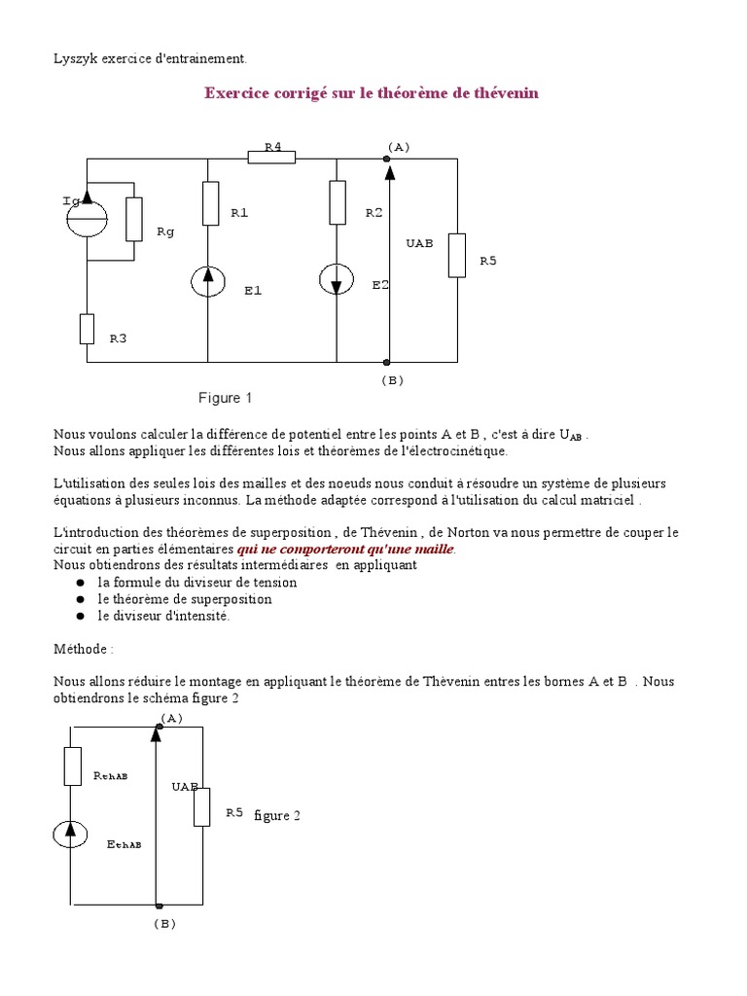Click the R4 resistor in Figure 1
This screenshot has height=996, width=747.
click(271, 158)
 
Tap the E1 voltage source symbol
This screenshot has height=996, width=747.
click(209, 281)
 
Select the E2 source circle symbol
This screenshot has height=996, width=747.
click(337, 279)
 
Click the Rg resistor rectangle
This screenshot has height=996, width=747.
click(134, 219)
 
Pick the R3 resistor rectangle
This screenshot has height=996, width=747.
click(87, 329)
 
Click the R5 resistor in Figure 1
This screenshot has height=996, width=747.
click(457, 254)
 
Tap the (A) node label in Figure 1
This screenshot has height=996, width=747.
click(399, 146)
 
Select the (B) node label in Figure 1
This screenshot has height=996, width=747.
click(392, 380)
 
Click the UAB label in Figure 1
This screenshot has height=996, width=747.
click(419, 242)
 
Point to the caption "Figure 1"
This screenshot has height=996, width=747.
click(225, 398)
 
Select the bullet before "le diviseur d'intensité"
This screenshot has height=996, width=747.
click(79, 617)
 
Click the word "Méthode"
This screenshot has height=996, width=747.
click(82, 648)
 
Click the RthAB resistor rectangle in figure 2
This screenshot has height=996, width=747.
click(71, 765)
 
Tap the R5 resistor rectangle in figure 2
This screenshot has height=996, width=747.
click(201, 806)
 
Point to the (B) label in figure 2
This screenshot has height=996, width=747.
click(163, 924)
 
